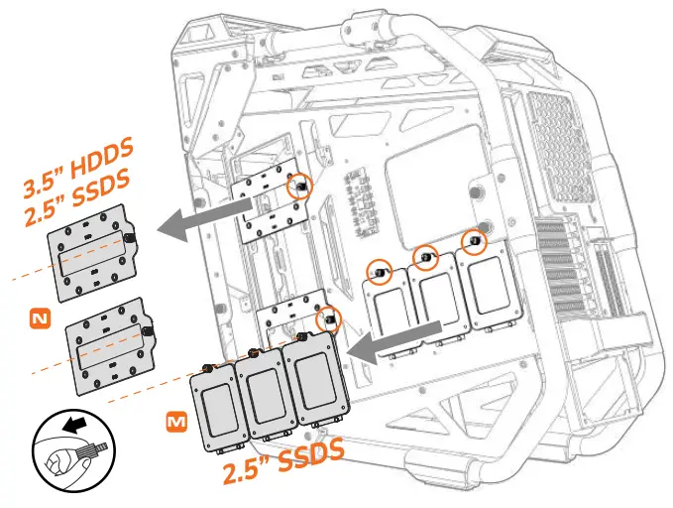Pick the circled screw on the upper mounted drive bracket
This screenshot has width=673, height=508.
(x=297, y=186)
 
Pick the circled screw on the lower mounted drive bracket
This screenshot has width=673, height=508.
(x=328, y=320)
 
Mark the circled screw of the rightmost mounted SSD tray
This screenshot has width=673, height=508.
(x=474, y=243)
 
